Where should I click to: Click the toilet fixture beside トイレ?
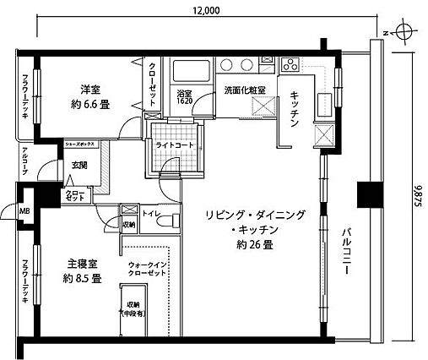171,220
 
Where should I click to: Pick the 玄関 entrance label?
79,166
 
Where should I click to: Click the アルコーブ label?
25,162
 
